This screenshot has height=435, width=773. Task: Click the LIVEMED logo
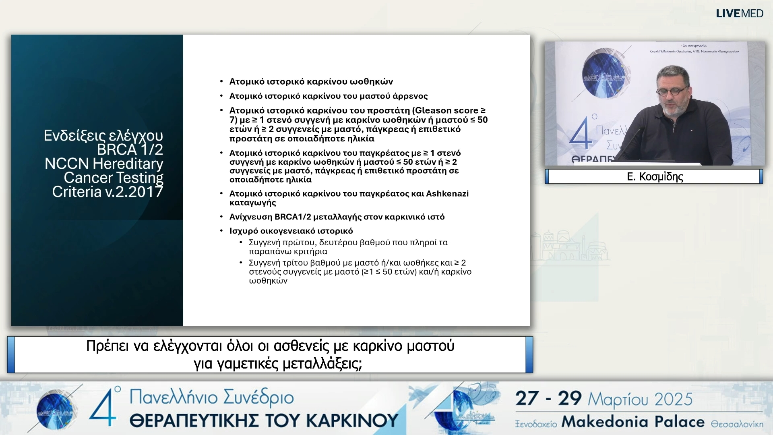[739, 14]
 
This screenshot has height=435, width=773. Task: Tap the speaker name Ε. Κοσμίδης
[655, 177]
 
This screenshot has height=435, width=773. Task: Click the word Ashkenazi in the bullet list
[447, 194]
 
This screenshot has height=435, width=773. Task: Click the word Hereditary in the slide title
[128, 164]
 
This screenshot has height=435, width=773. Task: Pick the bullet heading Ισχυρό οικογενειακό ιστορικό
[291, 231]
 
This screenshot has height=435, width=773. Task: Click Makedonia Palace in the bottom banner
[633, 422]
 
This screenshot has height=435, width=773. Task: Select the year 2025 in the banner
[673, 400]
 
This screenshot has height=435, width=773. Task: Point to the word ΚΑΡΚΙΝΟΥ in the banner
[352, 421]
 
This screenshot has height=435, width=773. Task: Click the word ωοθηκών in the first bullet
[371, 82]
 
